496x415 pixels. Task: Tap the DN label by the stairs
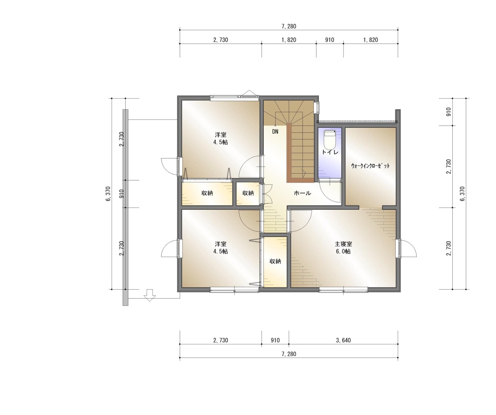pos(275,132)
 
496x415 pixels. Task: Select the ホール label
pos(302,193)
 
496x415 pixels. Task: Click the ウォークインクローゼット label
pos(370,166)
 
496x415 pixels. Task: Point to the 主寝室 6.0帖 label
pos(343,248)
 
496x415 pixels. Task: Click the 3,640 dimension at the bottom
pos(343,340)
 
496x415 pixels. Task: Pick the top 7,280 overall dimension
pos(289,26)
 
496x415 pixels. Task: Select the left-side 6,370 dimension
pos(108,194)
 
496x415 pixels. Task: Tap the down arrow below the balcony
pos(150,295)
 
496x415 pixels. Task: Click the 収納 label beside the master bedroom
pos(275,262)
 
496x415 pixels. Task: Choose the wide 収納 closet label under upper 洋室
pos(207,193)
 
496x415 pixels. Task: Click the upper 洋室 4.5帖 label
pos(220,139)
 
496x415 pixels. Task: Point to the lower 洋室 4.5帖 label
pos(220,248)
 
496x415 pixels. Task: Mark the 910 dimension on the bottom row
pos(275,340)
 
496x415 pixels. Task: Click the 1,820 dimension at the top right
pos(370,40)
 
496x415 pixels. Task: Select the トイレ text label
pos(330,152)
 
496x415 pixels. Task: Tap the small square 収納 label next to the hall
pos(248,193)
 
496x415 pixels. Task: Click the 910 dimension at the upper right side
pos(449,112)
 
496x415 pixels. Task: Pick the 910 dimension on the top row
pos(330,40)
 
